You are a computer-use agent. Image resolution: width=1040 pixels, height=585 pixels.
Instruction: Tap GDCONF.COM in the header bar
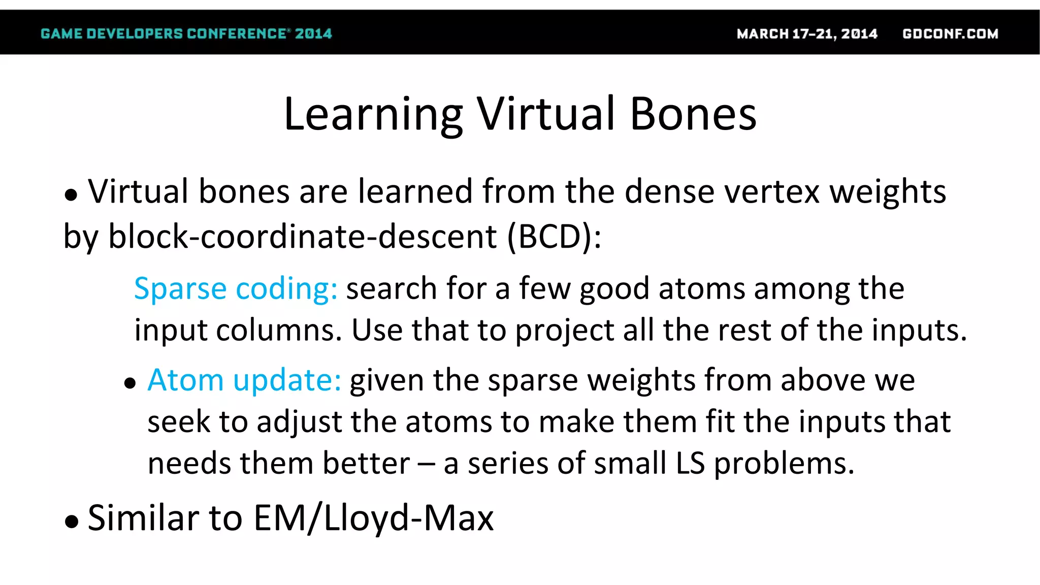point(950,34)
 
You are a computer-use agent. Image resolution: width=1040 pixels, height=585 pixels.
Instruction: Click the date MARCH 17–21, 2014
point(807,34)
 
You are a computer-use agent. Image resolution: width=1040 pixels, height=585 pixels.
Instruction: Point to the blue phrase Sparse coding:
point(236,289)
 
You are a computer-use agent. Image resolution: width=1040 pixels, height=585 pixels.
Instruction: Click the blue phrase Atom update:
point(244,380)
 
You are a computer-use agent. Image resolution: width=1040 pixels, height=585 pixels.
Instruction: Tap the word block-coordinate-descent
point(303,237)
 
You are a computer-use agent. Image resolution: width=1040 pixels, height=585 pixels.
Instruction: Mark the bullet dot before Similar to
point(72,521)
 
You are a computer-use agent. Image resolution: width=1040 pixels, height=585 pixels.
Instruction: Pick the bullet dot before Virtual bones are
point(71,194)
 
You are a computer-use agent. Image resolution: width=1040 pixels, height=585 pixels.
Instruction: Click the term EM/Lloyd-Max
point(373,518)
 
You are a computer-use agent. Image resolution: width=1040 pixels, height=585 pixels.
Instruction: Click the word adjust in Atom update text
point(299,422)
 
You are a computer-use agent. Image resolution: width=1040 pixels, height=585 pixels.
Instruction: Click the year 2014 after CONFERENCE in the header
point(313,34)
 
